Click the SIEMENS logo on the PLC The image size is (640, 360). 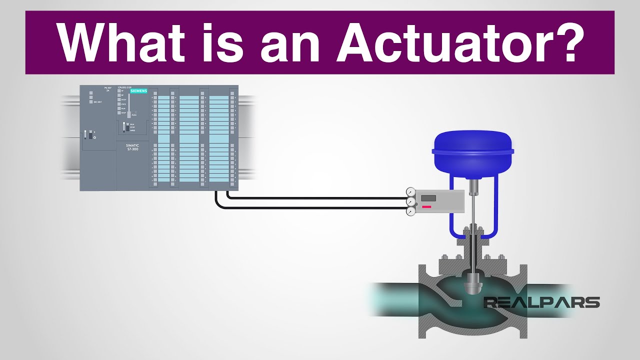pos(138,90)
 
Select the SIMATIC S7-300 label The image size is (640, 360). pos(132,148)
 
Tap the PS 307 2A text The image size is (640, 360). pos(106,89)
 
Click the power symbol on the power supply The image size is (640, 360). pos(94,137)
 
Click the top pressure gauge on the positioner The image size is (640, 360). pos(411,191)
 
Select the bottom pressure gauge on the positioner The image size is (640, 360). pos(411,211)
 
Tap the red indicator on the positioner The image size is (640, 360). pos(426,206)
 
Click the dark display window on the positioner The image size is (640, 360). pos(428,198)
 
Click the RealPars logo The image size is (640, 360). pos(541,302)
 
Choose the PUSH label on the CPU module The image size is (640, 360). pos(134,115)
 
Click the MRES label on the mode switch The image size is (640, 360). pos(132,131)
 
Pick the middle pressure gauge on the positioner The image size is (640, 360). pos(411,201)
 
